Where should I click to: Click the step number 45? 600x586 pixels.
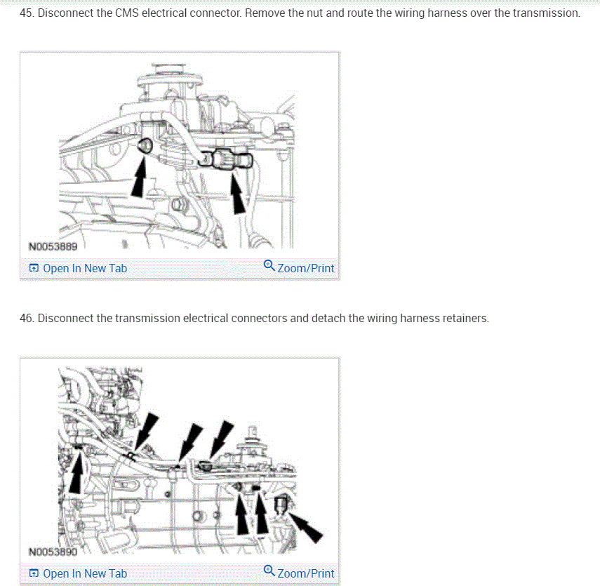point(27,13)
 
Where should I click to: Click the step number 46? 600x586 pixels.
point(27,318)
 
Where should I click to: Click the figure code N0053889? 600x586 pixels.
point(53,246)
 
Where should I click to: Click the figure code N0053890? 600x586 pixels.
point(53,552)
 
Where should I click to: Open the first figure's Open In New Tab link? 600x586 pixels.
point(85,268)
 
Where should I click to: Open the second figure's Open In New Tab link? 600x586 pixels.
point(85,573)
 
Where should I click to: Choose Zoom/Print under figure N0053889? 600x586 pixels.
point(305,268)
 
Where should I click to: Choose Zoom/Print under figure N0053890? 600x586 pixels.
point(305,573)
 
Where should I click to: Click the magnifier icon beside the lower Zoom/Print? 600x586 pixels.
point(269,571)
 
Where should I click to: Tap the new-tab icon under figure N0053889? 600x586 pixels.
point(34,268)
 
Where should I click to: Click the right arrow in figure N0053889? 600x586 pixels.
point(237,193)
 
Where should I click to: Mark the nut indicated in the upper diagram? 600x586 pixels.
point(145,145)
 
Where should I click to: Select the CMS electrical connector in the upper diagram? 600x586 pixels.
point(227,159)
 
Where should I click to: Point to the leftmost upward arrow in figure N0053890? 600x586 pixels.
point(76,472)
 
